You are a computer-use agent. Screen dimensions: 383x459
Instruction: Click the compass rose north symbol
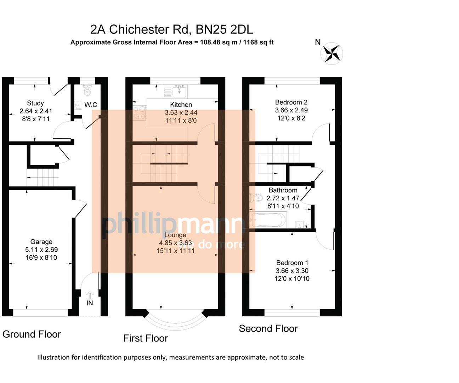(332, 54)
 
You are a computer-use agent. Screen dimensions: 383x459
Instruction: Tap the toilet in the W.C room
(87, 91)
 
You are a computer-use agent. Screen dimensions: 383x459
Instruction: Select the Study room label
(35, 103)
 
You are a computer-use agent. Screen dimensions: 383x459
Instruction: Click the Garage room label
(41, 242)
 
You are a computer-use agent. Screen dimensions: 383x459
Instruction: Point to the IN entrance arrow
(90, 295)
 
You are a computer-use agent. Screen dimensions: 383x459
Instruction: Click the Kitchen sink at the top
(180, 91)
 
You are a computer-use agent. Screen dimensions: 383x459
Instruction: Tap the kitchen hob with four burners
(140, 112)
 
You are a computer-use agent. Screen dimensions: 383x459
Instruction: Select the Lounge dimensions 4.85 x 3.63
(175, 243)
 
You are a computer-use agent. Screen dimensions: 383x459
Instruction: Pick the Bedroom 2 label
(291, 102)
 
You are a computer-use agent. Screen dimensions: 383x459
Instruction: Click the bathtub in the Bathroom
(268, 220)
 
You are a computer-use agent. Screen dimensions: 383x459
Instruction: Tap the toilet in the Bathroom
(256, 198)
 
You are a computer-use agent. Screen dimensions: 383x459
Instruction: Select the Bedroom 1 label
(292, 263)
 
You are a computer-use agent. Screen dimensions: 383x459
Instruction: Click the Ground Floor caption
(32, 334)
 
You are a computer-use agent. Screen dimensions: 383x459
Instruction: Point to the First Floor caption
(146, 338)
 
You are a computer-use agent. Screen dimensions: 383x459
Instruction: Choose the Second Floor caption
(268, 329)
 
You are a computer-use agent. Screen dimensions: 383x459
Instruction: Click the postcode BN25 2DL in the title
(224, 29)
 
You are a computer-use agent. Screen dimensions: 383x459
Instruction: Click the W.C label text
(91, 105)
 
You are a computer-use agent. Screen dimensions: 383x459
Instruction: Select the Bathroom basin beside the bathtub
(300, 224)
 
